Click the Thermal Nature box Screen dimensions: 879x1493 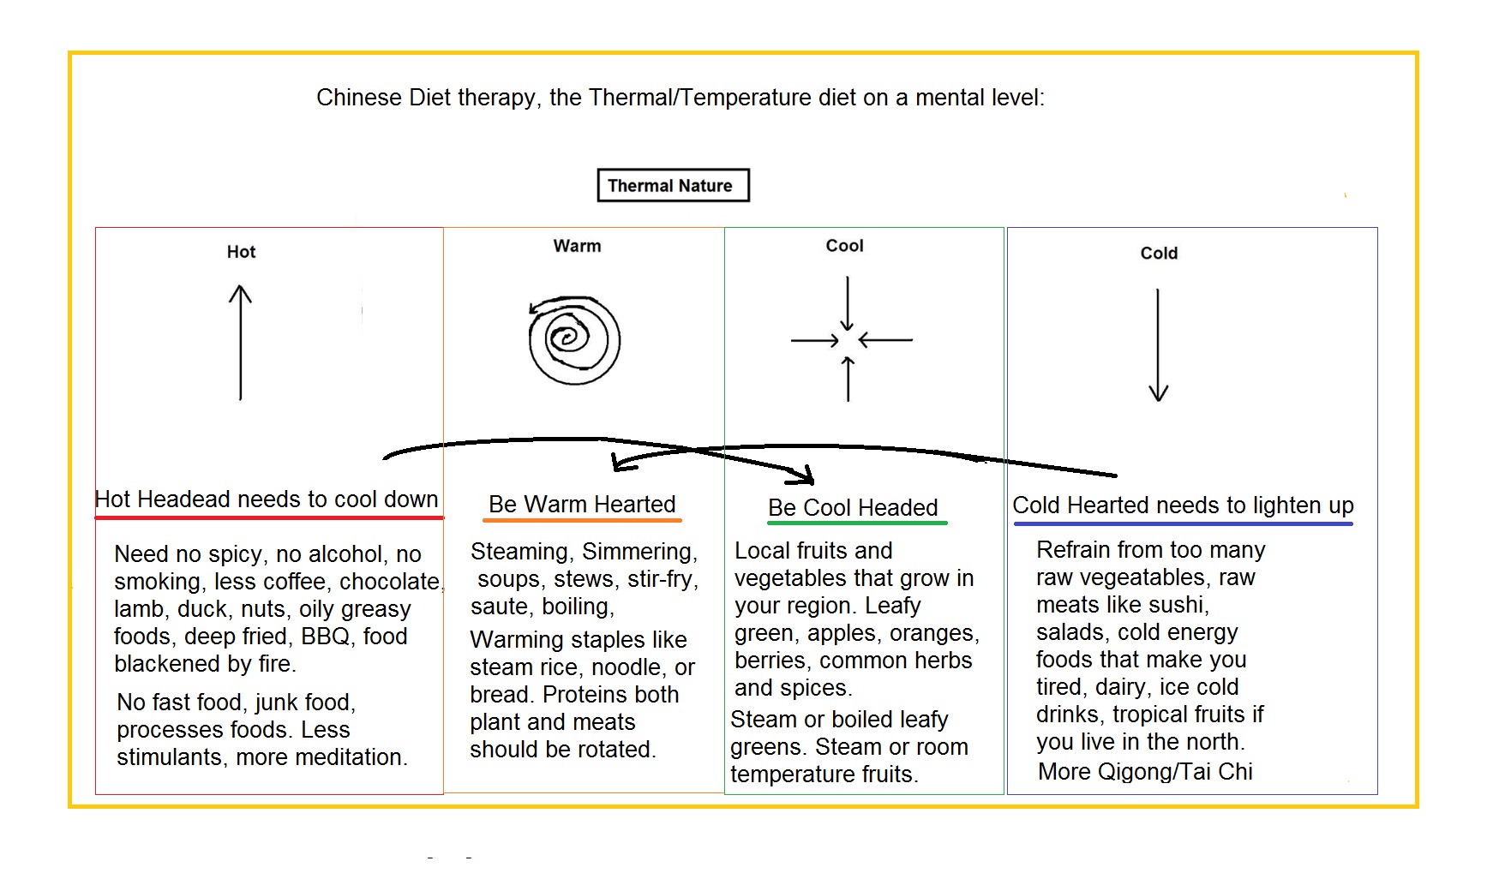coord(673,185)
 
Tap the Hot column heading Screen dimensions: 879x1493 coord(241,252)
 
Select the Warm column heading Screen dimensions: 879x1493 coord(577,246)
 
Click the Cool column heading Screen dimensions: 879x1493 coord(844,246)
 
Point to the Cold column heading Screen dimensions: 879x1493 coord(1159,254)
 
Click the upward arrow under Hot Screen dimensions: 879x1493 coord(241,343)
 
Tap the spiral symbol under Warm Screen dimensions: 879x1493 coord(574,340)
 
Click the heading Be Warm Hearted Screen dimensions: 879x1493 coord(582,504)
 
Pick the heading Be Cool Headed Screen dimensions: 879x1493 coord(853,507)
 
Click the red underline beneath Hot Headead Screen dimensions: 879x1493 coord(269,517)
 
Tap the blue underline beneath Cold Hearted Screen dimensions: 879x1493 coord(1183,523)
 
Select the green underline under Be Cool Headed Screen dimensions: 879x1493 coord(857,522)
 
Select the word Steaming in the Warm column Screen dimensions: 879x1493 coord(521,552)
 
